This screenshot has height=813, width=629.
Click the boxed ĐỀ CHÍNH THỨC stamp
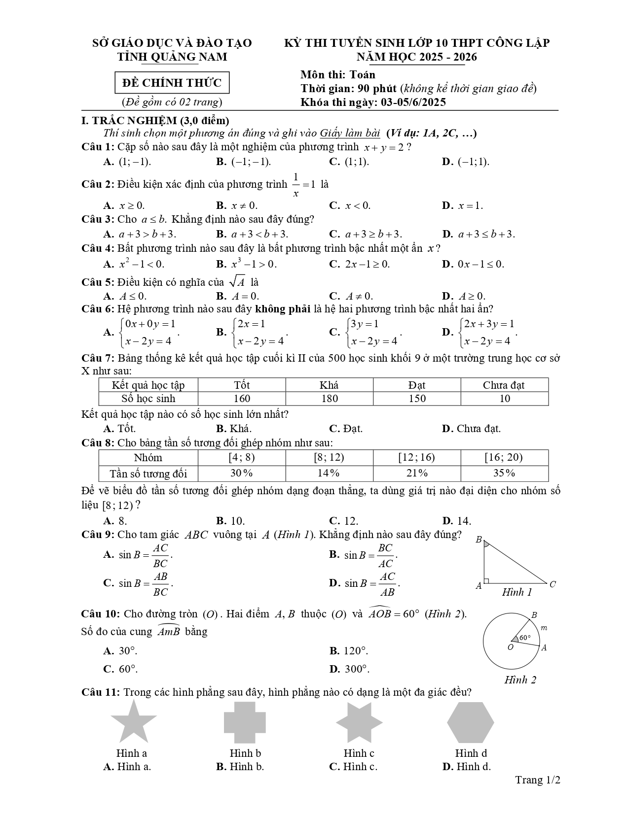[x=172, y=83]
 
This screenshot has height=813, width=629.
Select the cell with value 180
[x=329, y=398]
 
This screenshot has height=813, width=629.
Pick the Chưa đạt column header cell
[x=504, y=385]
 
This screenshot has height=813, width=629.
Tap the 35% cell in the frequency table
[x=504, y=473]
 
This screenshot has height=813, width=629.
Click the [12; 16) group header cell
[x=416, y=457]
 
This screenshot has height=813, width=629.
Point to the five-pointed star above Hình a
[x=133, y=722]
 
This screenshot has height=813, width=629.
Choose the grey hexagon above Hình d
[x=470, y=722]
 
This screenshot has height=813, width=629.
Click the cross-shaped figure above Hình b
[x=245, y=722]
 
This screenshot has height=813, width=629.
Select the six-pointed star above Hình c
[x=359, y=722]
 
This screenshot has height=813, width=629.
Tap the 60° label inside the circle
[x=525, y=637]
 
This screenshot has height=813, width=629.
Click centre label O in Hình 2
[x=511, y=647]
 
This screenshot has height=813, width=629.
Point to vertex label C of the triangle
[x=553, y=584]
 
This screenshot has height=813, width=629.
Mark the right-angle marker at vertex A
[x=486, y=580]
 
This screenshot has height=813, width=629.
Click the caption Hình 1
[x=517, y=592]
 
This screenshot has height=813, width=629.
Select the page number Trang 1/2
[x=538, y=780]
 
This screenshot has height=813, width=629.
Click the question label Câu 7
[x=98, y=358]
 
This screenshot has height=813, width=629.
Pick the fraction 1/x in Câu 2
[x=296, y=185]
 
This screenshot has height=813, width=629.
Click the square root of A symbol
[x=237, y=282]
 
